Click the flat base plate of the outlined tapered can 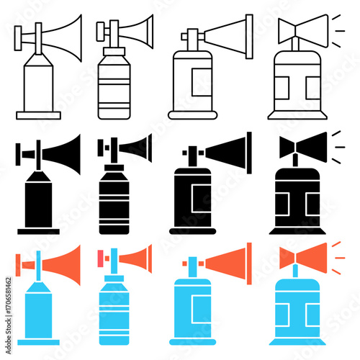click(38, 114)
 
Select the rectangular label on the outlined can click(197, 84)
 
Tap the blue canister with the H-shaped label click(295, 310)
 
